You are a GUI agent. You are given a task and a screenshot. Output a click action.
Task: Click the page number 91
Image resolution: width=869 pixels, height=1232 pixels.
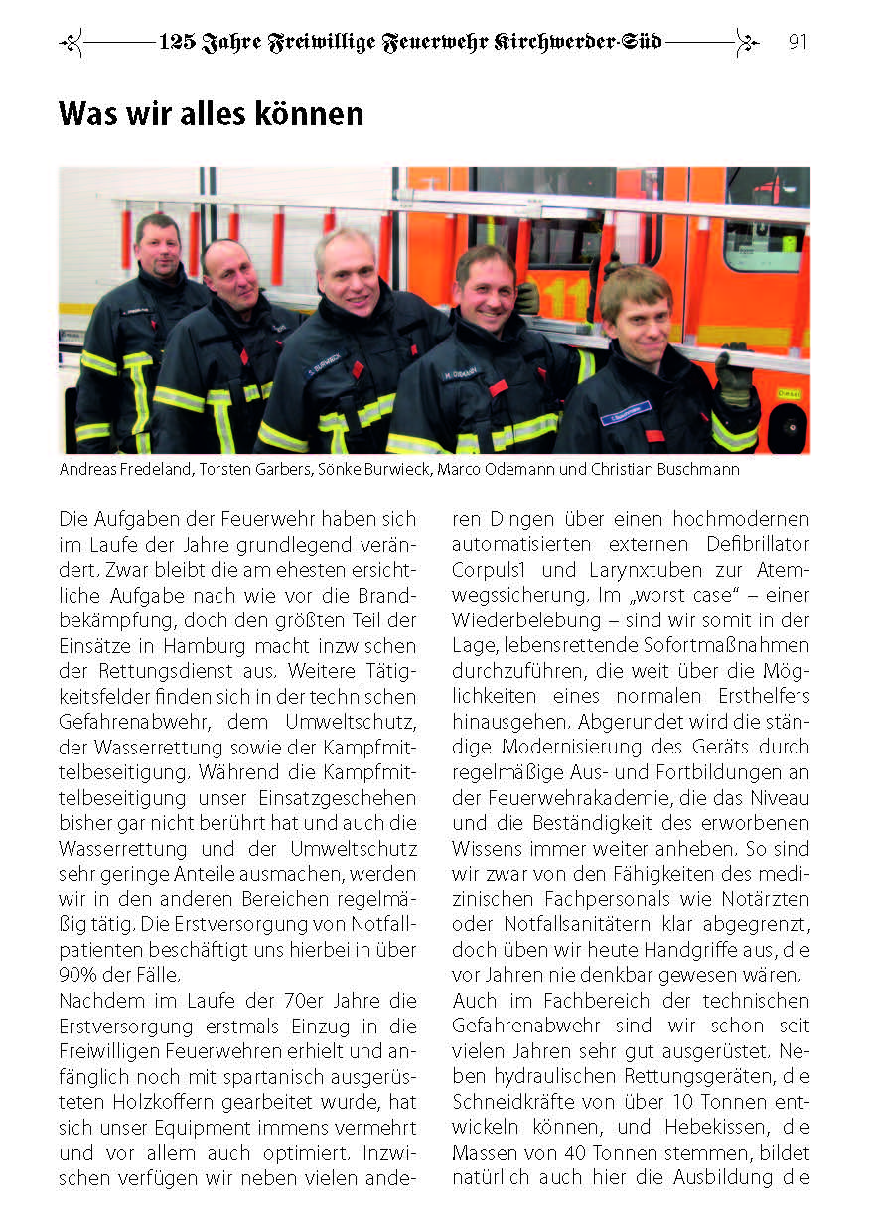pos(797,42)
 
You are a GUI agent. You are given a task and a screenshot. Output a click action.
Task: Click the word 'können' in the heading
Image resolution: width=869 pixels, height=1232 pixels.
pos(310,114)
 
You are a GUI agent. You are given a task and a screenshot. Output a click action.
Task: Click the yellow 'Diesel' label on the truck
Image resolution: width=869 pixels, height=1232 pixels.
pos(791,393)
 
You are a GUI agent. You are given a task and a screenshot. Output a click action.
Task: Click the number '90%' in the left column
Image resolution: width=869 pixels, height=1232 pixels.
pos(77,973)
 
